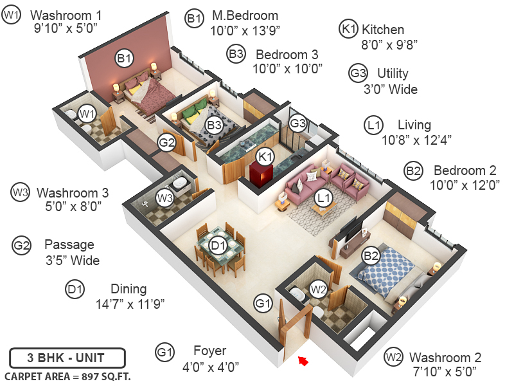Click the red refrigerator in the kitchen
pos(260,174)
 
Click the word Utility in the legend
pos(393,73)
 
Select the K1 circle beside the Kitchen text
pos(348,29)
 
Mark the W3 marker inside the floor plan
pos(165,198)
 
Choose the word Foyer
pos(209,351)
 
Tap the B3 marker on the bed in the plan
pos(213,126)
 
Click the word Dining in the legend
pos(128,289)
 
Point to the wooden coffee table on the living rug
pos(324,208)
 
